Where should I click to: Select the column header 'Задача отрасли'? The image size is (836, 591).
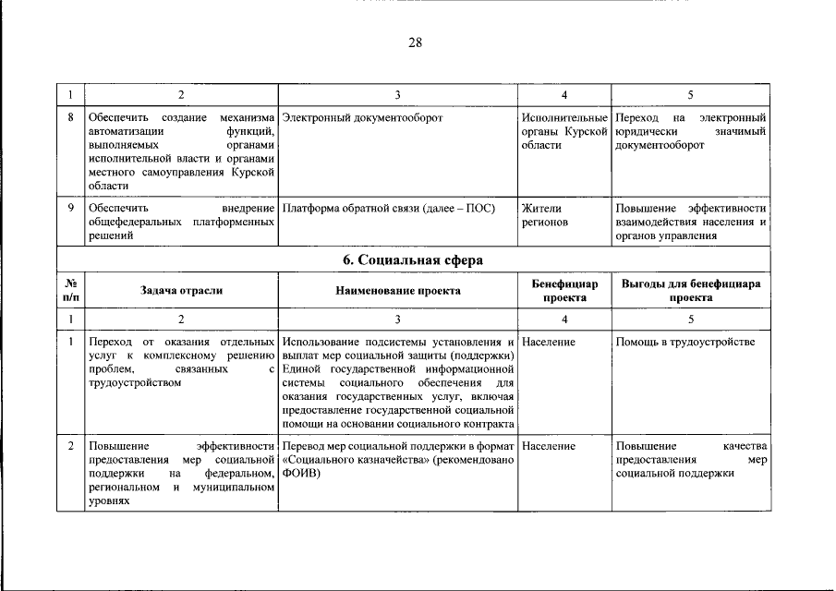tap(181, 290)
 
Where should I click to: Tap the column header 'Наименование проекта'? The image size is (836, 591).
tap(398, 290)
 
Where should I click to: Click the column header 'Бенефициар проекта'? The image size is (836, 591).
tap(564, 291)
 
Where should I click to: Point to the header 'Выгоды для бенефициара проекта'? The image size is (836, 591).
tap(691, 291)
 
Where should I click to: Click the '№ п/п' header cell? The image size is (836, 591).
tap(70, 291)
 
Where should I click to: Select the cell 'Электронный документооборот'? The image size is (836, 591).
tap(362, 119)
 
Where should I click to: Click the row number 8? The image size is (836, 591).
tap(70, 119)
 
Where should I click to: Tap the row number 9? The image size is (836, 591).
tap(70, 209)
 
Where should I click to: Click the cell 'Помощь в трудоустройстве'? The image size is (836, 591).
tap(685, 343)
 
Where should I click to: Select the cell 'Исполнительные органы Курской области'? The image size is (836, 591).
tap(564, 132)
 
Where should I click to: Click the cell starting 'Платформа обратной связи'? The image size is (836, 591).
tap(388, 209)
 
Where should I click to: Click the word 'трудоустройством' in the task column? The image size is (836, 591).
tap(134, 383)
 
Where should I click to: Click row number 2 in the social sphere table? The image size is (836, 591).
tap(70, 446)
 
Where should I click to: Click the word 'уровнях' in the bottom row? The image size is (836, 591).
tap(108, 501)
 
